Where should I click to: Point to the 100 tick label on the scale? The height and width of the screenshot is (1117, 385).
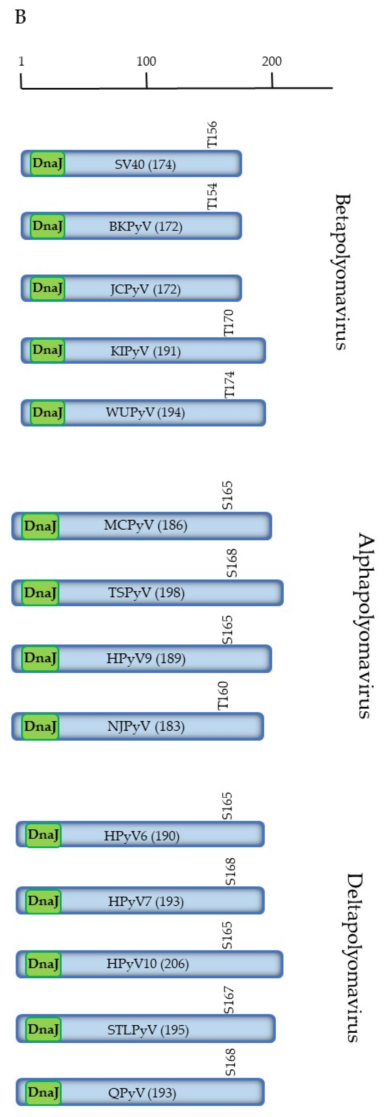(146, 61)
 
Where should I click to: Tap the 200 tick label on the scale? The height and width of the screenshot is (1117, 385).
(272, 61)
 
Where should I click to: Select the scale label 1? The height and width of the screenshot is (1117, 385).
(21, 61)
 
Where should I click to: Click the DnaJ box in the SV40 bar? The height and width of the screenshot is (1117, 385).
(47, 163)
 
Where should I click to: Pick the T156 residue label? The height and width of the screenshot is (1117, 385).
(212, 134)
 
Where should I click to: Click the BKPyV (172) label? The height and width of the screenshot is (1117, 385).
(145, 226)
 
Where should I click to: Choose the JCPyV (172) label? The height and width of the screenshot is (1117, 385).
(145, 289)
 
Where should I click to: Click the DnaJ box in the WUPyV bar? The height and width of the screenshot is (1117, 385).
(47, 412)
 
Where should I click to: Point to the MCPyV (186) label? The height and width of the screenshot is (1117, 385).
(145, 525)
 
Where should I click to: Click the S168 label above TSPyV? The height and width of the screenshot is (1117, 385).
(232, 563)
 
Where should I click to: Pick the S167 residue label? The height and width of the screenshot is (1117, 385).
(229, 1000)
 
